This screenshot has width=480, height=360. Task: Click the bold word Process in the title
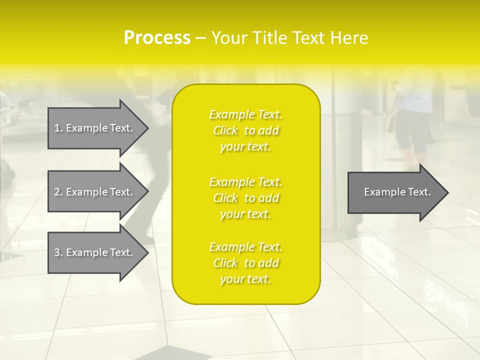(157, 38)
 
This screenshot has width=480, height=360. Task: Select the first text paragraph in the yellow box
(245, 130)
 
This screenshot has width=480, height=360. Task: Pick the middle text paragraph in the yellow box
(245, 198)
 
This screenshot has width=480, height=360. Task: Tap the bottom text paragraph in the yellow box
(245, 263)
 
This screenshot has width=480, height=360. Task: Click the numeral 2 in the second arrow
(57, 192)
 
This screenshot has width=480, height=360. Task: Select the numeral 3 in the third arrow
(57, 252)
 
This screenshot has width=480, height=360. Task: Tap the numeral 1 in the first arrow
(56, 128)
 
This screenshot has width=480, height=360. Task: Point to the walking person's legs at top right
(412, 137)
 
